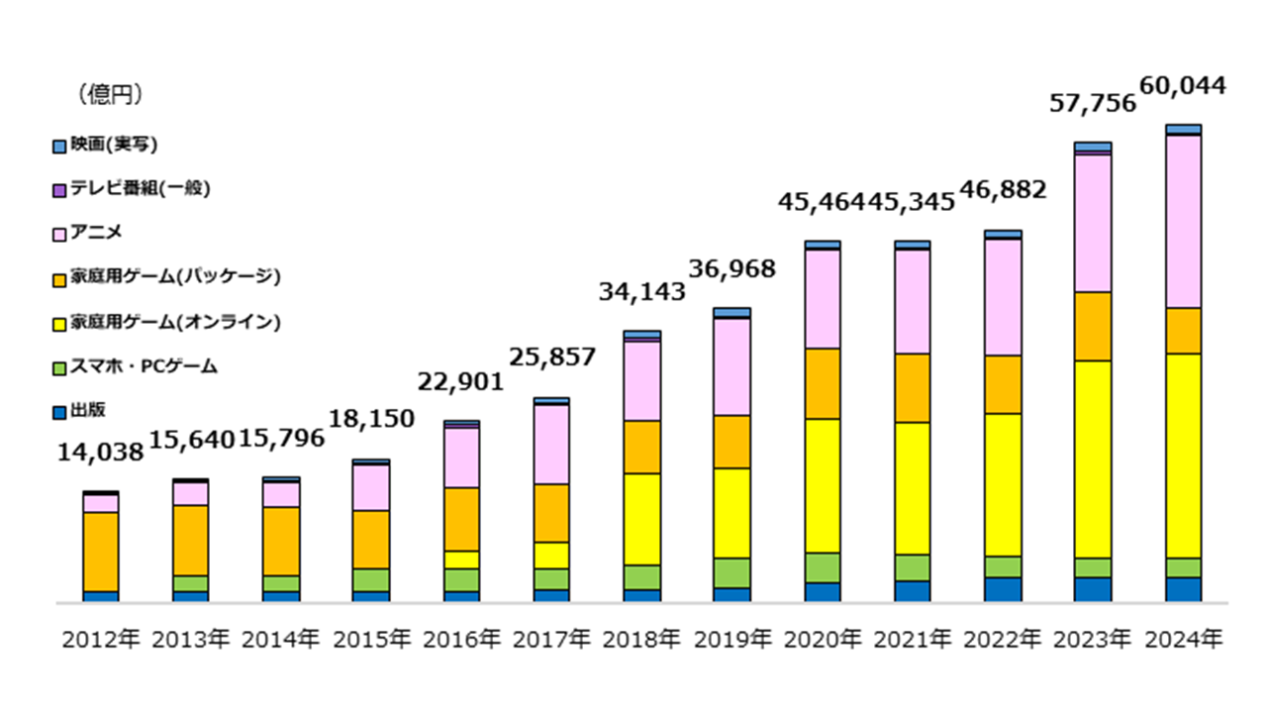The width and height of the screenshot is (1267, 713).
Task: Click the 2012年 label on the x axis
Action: [101, 640]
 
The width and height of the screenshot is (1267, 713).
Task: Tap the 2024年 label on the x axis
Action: [1183, 640]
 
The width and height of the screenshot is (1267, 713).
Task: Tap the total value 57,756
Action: [1093, 103]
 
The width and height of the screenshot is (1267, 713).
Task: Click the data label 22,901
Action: [461, 382]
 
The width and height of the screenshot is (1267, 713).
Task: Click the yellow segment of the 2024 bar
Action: [1183, 456]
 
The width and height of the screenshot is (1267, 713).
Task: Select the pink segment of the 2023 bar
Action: [1093, 223]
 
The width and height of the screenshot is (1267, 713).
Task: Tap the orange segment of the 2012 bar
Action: [101, 552]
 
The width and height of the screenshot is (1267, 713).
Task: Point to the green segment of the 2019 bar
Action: [731, 572]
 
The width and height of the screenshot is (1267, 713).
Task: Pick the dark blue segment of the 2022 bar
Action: [1003, 589]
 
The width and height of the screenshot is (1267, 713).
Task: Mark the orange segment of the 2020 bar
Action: [822, 383]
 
